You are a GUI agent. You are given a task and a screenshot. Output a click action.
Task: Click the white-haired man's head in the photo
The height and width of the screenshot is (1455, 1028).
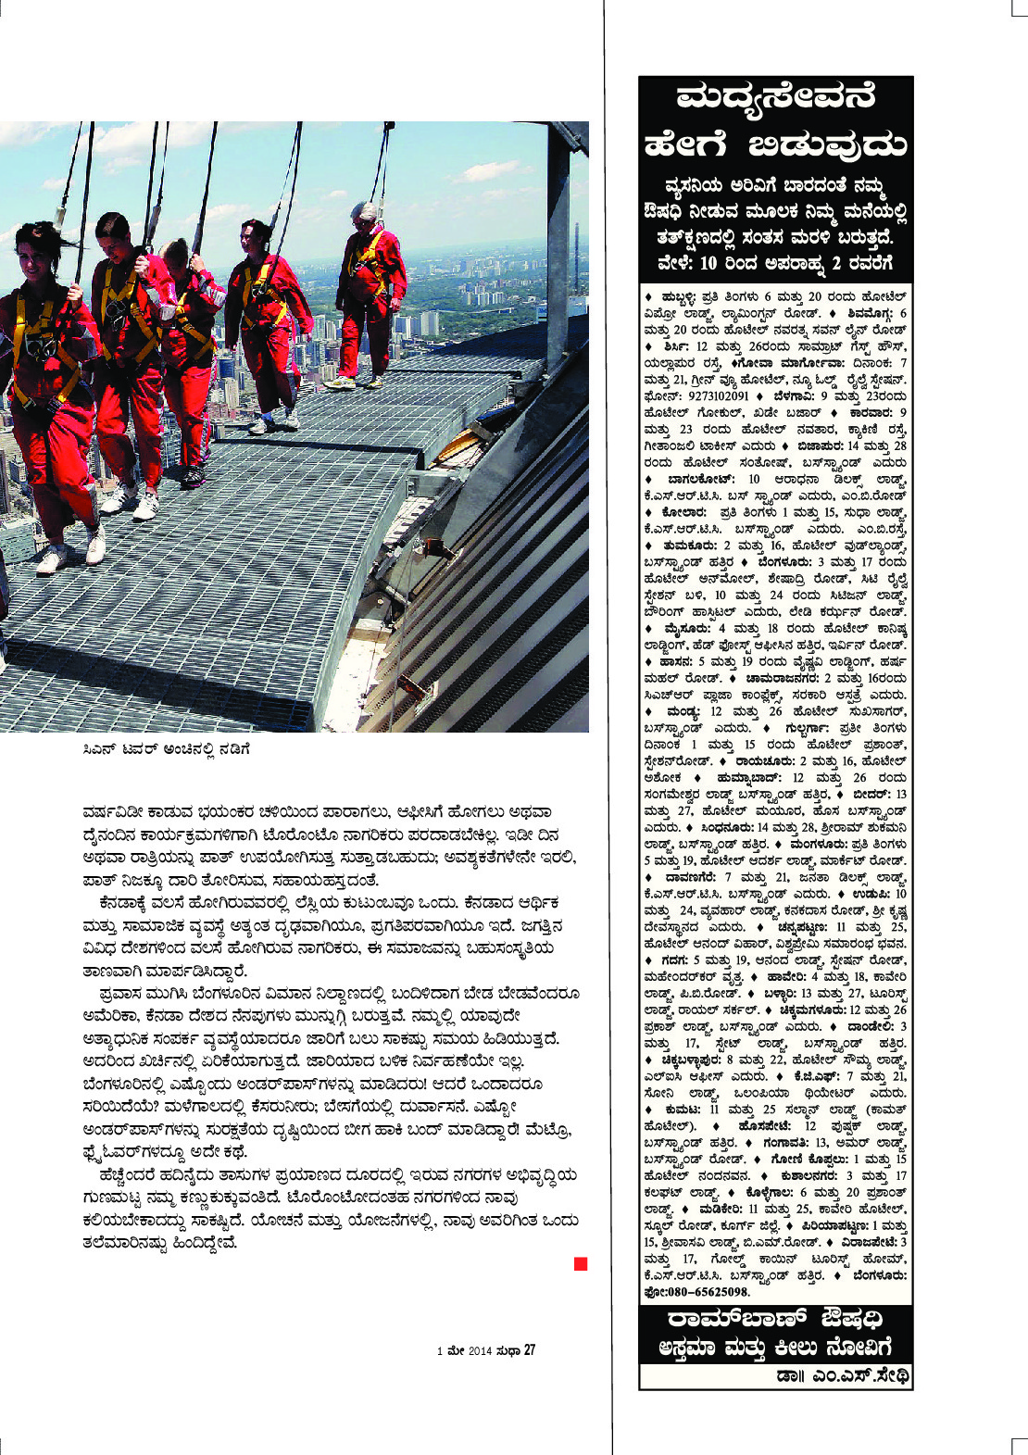(366, 214)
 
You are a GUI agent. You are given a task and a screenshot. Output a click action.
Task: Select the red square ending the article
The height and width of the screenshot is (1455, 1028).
(581, 1264)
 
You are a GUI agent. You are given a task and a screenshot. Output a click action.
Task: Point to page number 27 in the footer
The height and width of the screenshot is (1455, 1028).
(530, 1350)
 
